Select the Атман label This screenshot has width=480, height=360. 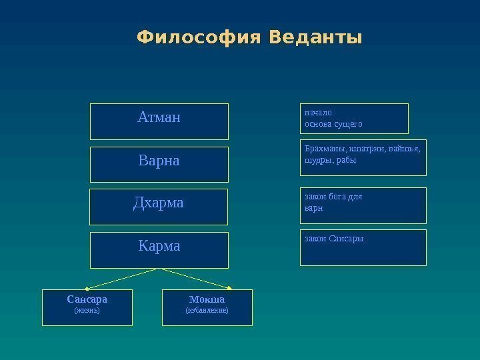click(159, 118)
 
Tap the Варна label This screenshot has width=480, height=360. click(159, 161)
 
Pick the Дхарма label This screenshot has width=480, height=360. click(159, 203)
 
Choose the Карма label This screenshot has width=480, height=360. click(159, 246)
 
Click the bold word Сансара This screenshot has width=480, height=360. click(87, 299)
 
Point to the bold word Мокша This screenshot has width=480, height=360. click(207, 299)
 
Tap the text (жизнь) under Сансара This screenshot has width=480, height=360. click(87, 310)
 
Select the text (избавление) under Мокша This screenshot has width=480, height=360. click(207, 310)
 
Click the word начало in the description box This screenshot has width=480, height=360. click(317, 113)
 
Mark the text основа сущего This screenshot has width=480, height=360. click(333, 123)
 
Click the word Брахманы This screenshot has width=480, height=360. click(323, 149)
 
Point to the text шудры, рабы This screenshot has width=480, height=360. click(330, 160)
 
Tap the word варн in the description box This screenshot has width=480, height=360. click(313, 207)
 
